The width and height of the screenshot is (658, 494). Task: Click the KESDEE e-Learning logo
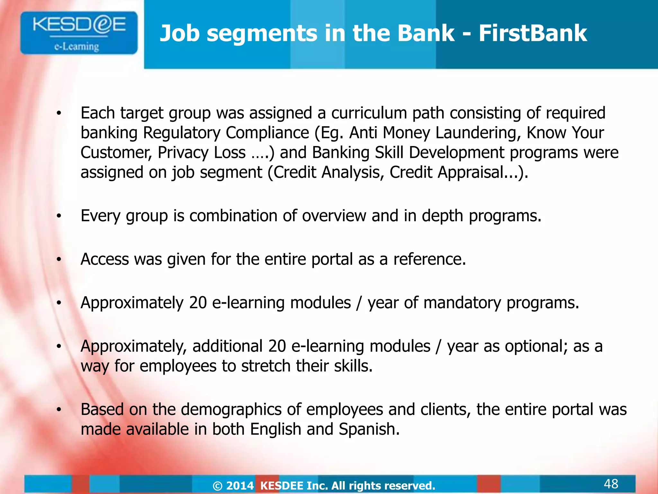(79, 33)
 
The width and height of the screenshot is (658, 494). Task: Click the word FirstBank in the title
(533, 33)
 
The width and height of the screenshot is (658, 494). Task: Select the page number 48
(611, 483)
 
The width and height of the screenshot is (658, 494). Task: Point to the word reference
(429, 259)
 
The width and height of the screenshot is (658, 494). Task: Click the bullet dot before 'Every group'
(58, 216)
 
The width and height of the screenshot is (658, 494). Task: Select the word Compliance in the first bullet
(267, 133)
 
